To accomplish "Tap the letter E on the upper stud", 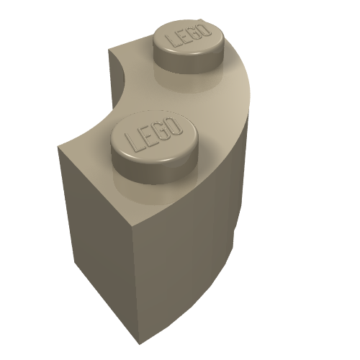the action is [184, 37].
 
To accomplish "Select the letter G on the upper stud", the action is [196, 33].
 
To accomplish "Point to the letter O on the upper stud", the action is [206, 30].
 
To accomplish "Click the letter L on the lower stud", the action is [132, 143].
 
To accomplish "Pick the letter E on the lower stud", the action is [147, 136].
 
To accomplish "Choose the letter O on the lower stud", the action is [174, 125].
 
